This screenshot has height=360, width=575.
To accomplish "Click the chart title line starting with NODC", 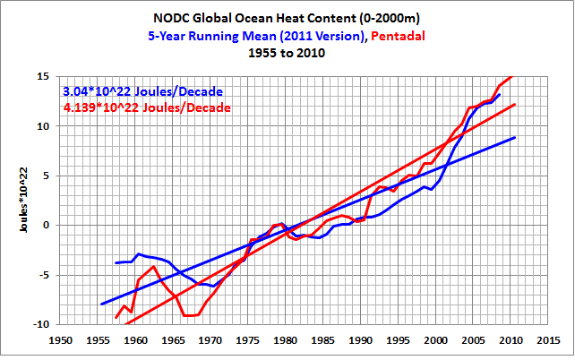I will pyautogui.click(x=287, y=19).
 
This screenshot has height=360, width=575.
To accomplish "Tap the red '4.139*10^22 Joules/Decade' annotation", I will pyautogui.click(x=147, y=107).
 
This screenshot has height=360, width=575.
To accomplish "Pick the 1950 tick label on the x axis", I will pyautogui.click(x=61, y=341).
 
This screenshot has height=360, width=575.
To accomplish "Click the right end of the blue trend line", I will pyautogui.click(x=515, y=137).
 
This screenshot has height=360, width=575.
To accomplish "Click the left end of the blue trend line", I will pyautogui.click(x=101, y=304).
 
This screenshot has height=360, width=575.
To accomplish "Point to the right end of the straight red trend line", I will pyautogui.click(x=515, y=105).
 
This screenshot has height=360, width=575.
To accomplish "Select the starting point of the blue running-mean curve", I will pyautogui.click(x=116, y=263).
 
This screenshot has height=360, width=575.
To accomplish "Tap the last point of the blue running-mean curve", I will pyautogui.click(x=500, y=94).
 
